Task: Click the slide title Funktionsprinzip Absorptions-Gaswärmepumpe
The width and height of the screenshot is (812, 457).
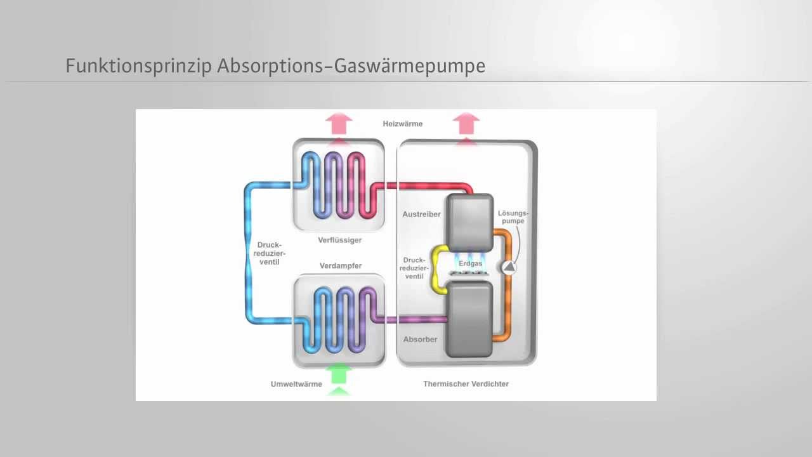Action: click(275, 66)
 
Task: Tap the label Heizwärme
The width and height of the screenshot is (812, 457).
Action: click(402, 124)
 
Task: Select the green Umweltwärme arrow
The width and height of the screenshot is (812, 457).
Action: click(339, 378)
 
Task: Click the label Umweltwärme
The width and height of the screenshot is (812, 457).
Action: click(296, 384)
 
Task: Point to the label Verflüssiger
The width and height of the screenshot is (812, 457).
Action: click(339, 240)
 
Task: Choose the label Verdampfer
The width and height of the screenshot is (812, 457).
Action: click(341, 266)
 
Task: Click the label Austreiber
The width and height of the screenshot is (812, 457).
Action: click(421, 215)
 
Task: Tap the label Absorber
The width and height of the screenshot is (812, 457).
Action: click(420, 340)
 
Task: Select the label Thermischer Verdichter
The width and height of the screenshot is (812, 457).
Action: click(466, 384)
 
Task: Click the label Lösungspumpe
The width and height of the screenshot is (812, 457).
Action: click(513, 216)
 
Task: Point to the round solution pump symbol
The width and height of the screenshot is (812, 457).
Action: click(509, 267)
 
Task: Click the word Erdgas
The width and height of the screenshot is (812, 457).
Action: click(470, 263)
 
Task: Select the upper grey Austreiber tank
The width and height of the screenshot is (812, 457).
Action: click(470, 222)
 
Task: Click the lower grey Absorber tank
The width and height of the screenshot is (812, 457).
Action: click(470, 319)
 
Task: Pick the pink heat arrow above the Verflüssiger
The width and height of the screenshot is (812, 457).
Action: click(339, 124)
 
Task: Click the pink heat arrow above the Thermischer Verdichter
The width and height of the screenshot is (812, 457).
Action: click(466, 124)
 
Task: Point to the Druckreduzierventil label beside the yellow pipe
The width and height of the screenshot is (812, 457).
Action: click(414, 268)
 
